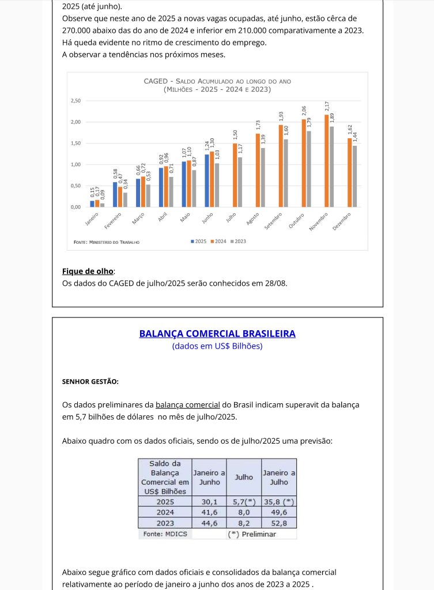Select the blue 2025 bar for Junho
tap(207, 180)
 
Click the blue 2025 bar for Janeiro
tap(92, 203)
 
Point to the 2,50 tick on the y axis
tap(76, 101)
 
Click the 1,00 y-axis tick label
tap(76, 165)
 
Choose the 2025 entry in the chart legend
tap(199, 241)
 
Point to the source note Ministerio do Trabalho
tap(107, 242)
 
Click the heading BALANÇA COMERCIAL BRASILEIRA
tap(217, 334)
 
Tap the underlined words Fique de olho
tap(88, 271)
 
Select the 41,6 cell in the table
tap(209, 512)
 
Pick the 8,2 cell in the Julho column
tap(244, 523)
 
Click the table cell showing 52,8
tap(279, 523)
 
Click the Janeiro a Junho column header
tap(209, 477)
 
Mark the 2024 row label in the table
tap(165, 512)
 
